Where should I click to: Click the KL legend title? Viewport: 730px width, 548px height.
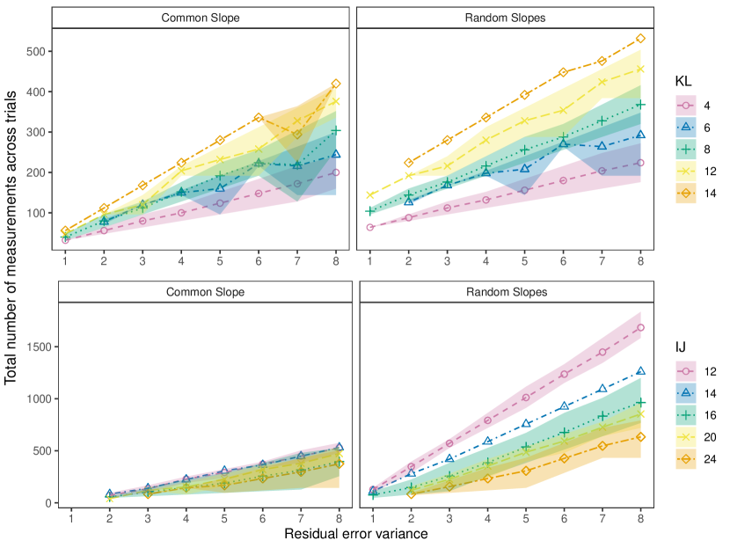click(x=683, y=81)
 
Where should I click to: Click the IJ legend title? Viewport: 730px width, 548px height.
click(x=682, y=347)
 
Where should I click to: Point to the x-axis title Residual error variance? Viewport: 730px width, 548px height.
click(x=356, y=534)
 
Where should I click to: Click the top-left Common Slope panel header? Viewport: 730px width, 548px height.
click(x=201, y=18)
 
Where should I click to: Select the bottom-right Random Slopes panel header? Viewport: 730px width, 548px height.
click(x=505, y=292)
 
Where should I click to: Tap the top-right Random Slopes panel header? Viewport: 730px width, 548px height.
click(x=505, y=18)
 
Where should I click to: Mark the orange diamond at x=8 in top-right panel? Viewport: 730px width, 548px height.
click(x=641, y=38)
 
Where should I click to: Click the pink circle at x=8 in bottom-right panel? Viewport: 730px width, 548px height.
click(x=641, y=327)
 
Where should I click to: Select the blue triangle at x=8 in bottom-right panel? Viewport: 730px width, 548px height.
click(x=641, y=371)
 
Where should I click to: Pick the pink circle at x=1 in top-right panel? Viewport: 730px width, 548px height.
click(x=370, y=227)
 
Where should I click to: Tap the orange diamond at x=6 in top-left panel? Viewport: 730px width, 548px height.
click(x=259, y=117)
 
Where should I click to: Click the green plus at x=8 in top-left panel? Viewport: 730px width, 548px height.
click(x=336, y=130)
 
